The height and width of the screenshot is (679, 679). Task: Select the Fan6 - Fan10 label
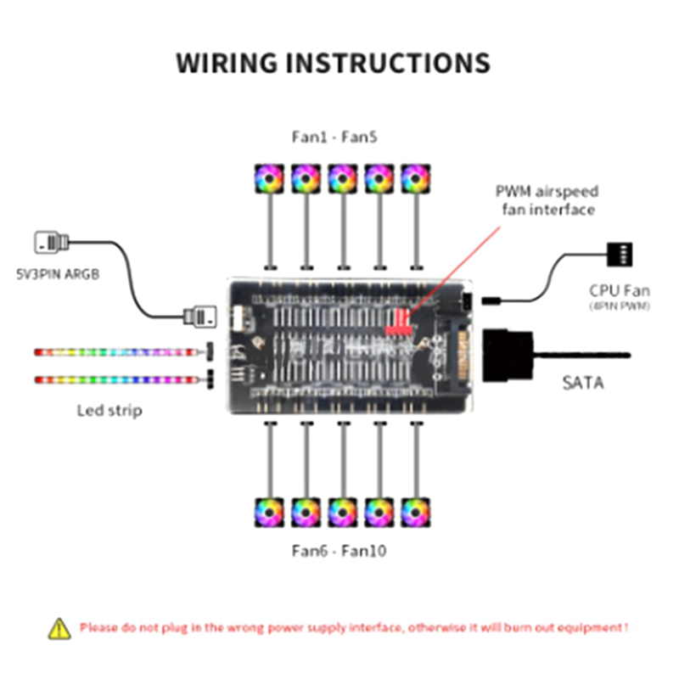tap(339, 551)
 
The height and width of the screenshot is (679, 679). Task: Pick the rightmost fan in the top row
tap(414, 178)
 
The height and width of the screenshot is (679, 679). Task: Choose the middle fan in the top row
tap(342, 178)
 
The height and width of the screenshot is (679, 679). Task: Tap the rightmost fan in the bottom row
tap(414, 512)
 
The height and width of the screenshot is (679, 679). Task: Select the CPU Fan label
tap(620, 289)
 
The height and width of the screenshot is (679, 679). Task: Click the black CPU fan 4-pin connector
tap(620, 254)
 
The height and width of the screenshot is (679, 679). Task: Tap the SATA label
tap(584, 383)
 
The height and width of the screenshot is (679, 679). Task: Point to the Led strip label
tap(109, 411)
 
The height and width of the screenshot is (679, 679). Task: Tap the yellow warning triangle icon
tap(59, 628)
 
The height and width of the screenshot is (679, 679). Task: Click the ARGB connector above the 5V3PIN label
tap(51, 243)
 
